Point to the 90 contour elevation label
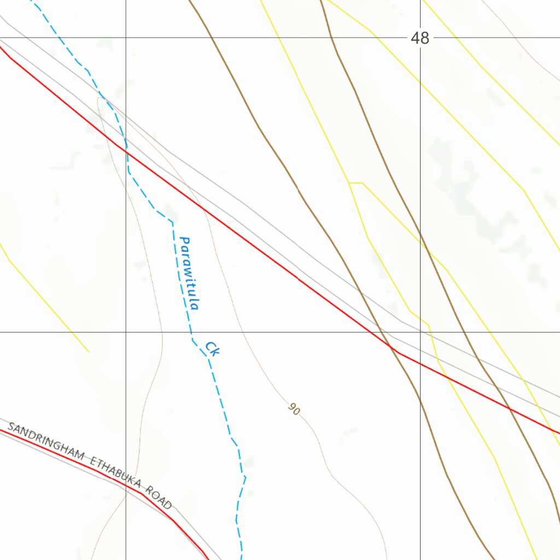tap(294, 409)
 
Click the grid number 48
tap(420, 38)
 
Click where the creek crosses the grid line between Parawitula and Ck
tap(191, 332)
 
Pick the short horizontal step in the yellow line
tap(356, 183)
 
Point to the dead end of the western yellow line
tap(89, 351)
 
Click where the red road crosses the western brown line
tap(390, 347)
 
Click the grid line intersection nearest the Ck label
tap(126, 332)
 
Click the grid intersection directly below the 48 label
tap(420, 332)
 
